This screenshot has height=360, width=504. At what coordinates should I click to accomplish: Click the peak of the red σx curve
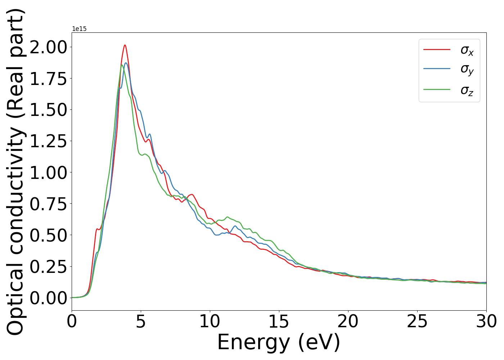[125, 45]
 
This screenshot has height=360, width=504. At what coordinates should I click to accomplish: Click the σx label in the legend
[467, 50]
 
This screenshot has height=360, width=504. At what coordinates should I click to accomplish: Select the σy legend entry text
[467, 69]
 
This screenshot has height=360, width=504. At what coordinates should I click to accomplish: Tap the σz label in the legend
[467, 90]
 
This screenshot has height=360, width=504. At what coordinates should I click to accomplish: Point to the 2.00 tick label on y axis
[48, 47]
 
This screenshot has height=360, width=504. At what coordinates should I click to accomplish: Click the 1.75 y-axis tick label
[48, 78]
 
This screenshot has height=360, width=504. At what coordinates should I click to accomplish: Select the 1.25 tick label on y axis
[48, 141]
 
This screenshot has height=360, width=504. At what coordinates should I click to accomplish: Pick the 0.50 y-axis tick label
[48, 235]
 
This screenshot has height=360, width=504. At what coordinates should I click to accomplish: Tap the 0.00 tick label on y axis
[48, 298]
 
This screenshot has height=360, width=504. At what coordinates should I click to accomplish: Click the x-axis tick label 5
[141, 321]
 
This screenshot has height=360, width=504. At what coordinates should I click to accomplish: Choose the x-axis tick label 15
[279, 321]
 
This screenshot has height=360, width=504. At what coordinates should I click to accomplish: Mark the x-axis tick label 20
[348, 321]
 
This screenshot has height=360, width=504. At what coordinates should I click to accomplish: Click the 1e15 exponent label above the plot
[79, 29]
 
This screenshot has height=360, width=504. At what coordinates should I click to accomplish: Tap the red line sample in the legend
[437, 49]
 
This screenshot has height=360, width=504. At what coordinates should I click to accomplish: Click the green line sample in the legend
[437, 89]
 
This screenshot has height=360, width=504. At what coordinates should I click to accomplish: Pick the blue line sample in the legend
[437, 68]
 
